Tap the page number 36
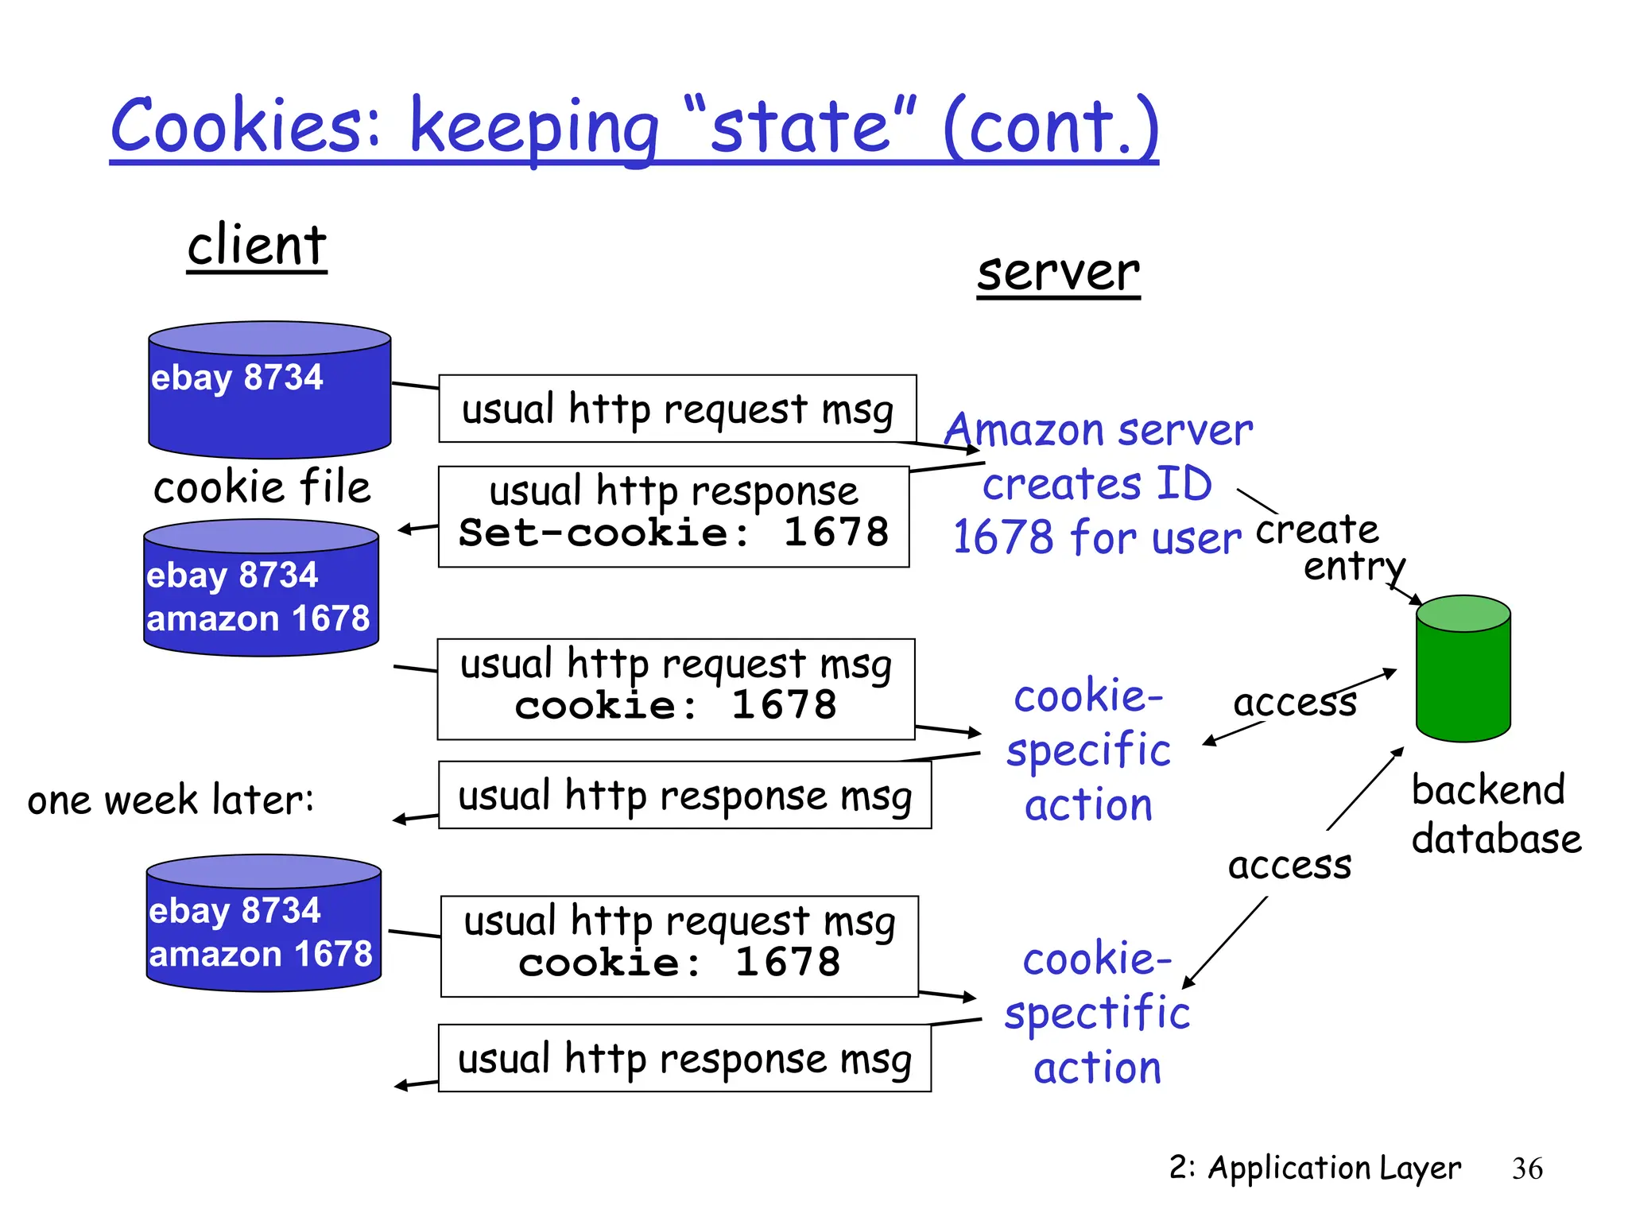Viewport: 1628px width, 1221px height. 1526,1169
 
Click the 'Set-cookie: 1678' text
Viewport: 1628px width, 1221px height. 673,532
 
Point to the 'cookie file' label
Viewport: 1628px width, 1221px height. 262,486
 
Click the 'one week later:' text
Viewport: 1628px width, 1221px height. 171,800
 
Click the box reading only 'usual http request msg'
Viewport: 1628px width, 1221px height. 677,409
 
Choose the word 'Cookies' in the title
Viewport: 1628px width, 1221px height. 246,127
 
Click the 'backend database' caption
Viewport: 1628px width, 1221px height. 1494,814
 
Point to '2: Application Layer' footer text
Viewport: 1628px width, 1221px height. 1315,1168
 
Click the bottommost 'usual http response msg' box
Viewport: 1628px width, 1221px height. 684,1058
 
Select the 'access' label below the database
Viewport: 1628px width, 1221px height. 1289,865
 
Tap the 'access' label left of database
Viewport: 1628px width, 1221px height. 1294,703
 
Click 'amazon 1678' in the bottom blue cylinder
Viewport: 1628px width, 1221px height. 261,954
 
